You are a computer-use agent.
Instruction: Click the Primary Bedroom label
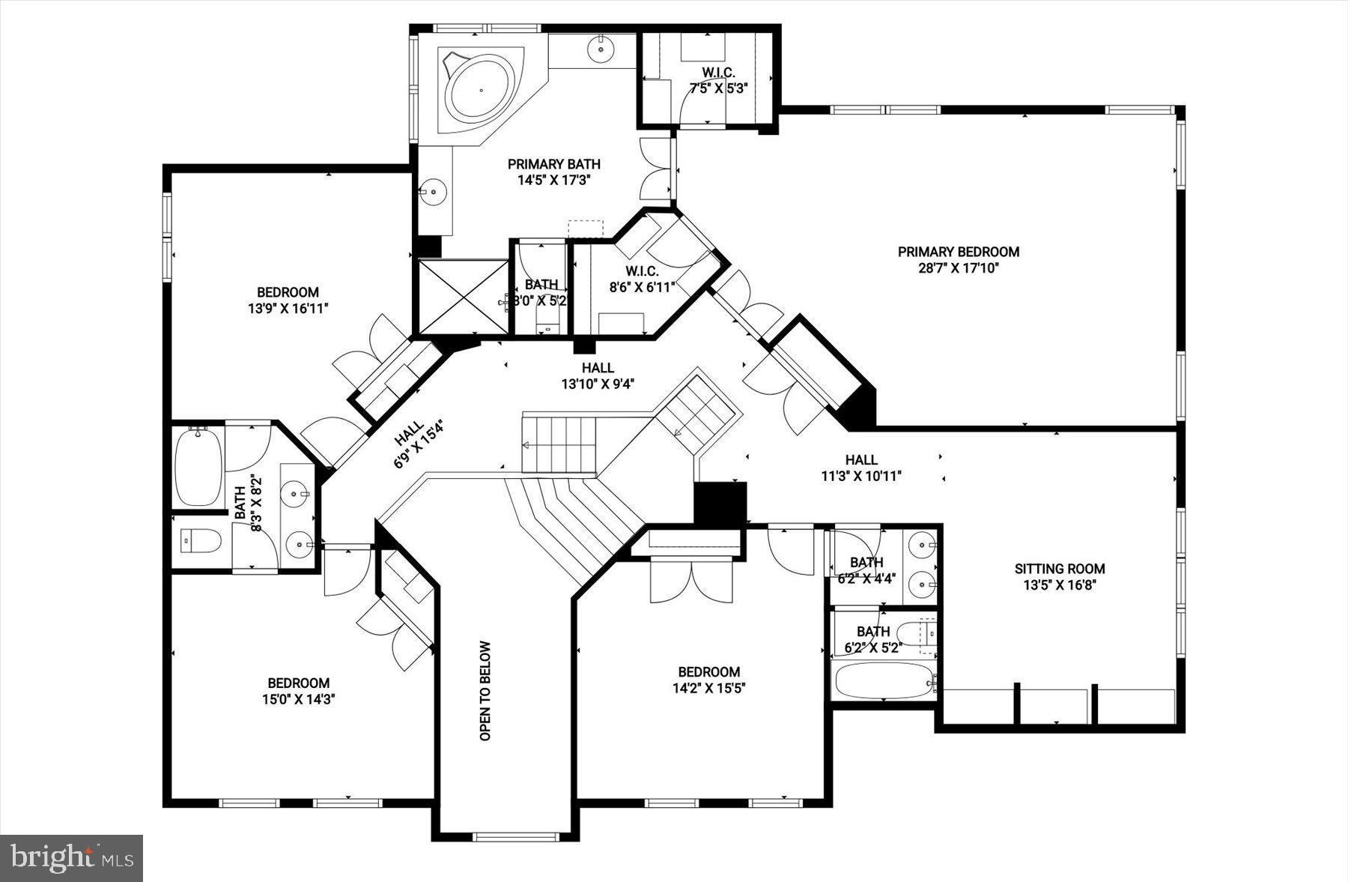(959, 259)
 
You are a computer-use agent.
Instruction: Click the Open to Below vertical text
(485, 691)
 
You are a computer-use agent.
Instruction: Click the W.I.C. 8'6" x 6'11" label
(643, 278)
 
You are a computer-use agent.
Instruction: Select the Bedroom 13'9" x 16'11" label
(288, 300)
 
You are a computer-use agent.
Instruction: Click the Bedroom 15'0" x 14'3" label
(299, 690)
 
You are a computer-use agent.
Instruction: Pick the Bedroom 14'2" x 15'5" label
(708, 680)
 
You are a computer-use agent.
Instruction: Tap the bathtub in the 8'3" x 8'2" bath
(198, 467)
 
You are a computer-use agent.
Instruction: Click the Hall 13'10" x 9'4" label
(598, 375)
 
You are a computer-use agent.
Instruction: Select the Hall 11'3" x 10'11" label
(861, 467)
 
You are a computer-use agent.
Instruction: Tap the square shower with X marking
(463, 297)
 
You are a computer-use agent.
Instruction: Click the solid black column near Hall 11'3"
(720, 503)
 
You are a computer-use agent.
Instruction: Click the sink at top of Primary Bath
(601, 49)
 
